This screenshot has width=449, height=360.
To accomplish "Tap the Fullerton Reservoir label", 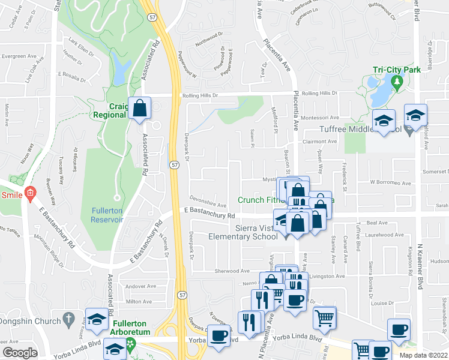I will click(107, 215).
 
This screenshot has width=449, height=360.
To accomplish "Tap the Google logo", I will click(20, 353).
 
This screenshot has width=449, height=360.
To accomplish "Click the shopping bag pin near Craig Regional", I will click(140, 109).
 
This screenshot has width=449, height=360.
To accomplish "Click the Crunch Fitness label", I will click(262, 200).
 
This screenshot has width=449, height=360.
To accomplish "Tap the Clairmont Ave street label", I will click(319, 142).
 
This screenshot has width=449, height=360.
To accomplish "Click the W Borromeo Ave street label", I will click(390, 183).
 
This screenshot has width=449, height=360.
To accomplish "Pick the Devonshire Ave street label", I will click(208, 205).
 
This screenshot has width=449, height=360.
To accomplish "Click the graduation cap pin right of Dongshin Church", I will click(96, 320).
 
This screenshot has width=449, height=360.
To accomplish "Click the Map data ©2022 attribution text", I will click(424, 355).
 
